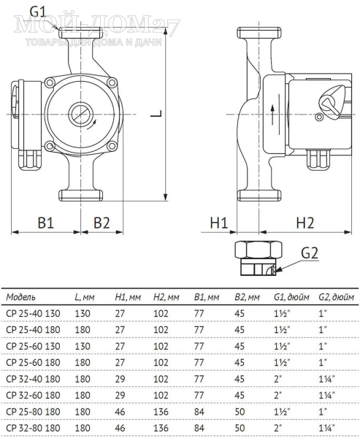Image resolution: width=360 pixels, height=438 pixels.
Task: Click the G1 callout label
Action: click(37, 12)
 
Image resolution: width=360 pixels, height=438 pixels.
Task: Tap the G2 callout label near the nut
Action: click(310, 253)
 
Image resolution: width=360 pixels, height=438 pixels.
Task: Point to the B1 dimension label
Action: click(45, 223)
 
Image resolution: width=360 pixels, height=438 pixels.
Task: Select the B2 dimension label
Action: click(102, 223)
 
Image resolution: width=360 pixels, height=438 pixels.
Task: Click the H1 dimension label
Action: click(219, 223)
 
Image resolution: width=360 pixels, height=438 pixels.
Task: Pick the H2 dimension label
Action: click(305, 223)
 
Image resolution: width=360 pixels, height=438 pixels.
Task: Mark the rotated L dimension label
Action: click(156, 114)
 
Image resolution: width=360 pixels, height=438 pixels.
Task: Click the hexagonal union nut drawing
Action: click(258, 258)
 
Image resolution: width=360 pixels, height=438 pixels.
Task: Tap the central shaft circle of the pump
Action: click(80, 114)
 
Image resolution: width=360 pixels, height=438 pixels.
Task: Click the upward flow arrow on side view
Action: click(272, 115)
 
